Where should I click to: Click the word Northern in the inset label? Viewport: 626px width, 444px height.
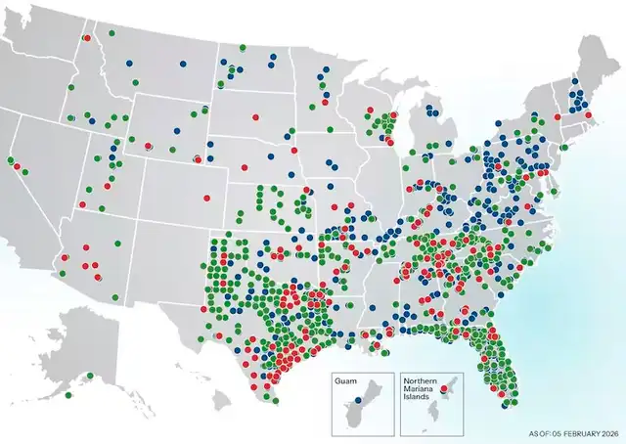click(x=423, y=379)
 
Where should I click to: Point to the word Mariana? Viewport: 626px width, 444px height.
click(x=421, y=389)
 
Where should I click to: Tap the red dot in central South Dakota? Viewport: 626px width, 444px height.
click(x=256, y=116)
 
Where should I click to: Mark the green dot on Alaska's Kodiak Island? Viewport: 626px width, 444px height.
click(x=67, y=395)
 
